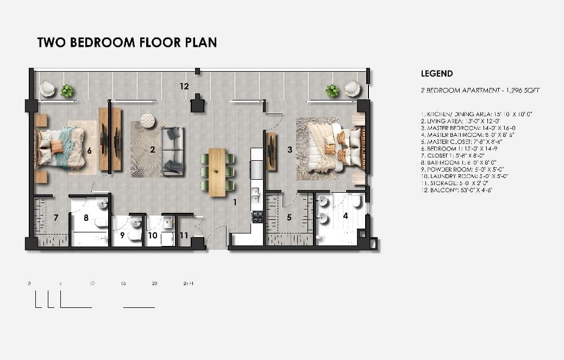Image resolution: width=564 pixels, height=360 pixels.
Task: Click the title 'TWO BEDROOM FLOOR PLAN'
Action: (127, 42)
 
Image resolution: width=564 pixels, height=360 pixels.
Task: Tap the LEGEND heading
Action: (437, 73)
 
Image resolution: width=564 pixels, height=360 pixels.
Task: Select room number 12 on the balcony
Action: (185, 86)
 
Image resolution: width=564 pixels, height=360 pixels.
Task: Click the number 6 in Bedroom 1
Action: (89, 150)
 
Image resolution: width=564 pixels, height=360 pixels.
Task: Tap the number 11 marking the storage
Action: (184, 236)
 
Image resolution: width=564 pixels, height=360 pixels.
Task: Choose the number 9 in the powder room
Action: (122, 236)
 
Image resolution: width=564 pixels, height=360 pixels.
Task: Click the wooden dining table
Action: (217, 172)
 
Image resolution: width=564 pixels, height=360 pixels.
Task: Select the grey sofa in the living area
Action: (173, 150)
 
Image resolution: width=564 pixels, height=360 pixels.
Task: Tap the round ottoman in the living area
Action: (148, 121)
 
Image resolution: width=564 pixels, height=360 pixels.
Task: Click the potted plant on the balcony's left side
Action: (67, 91)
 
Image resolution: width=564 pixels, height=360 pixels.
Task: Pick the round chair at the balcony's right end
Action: (352, 88)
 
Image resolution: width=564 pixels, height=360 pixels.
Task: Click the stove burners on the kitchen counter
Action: (257, 217)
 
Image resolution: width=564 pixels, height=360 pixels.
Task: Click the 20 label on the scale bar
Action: (155, 283)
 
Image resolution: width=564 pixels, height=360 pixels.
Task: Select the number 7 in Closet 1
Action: (56, 218)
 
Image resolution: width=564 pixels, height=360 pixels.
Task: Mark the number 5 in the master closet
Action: (289, 218)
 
